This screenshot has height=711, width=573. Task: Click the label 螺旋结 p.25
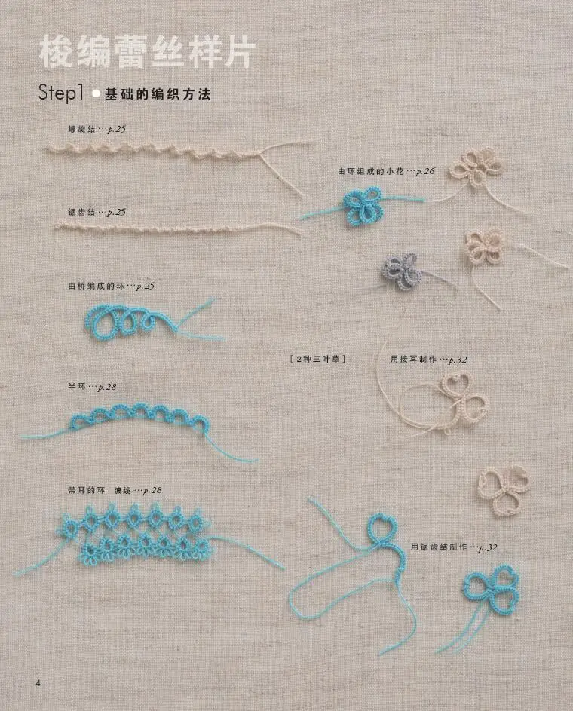pyautogui.click(x=97, y=130)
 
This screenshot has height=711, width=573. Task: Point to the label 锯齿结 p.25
pyautogui.click(x=97, y=212)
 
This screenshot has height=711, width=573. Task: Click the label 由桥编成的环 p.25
pyautogui.click(x=111, y=287)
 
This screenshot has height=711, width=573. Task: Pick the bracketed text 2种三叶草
pyautogui.click(x=317, y=360)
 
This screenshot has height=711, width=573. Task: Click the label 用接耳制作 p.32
pyautogui.click(x=429, y=360)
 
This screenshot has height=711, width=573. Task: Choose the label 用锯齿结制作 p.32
pyautogui.click(x=454, y=547)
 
